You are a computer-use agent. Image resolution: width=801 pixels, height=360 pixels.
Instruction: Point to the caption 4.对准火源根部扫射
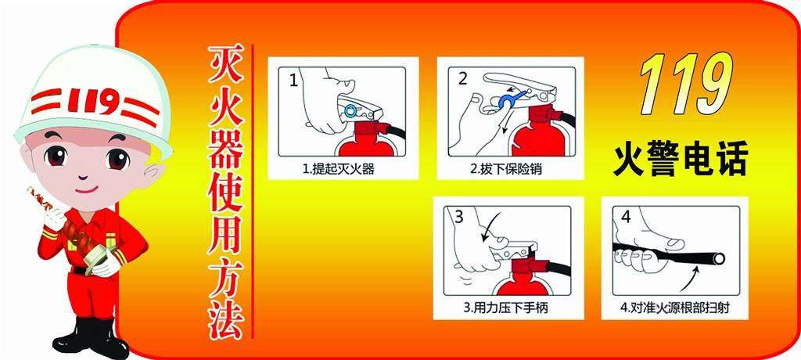pos(674,308)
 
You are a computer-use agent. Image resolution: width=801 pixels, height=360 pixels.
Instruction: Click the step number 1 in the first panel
pos(293,79)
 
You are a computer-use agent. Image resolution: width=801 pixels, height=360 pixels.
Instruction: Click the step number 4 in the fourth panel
pos(625,216)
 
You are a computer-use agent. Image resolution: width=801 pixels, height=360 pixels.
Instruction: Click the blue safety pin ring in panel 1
pos(350,108)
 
